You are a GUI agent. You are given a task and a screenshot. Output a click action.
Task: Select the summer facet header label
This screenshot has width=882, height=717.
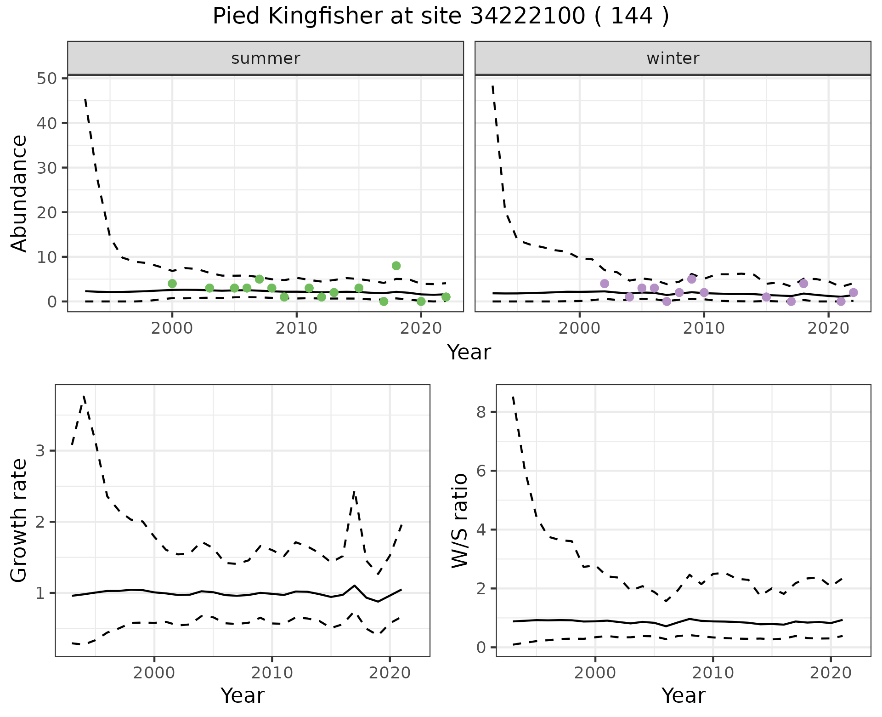click(x=266, y=58)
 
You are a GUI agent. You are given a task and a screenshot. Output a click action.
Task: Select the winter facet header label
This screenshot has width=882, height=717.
click(x=673, y=58)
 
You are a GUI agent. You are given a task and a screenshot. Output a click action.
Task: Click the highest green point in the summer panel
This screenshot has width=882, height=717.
click(x=396, y=266)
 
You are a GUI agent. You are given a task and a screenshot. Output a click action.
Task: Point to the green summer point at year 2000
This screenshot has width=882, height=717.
click(x=172, y=284)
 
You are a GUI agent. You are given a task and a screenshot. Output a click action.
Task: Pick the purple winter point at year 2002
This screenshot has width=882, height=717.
click(x=605, y=284)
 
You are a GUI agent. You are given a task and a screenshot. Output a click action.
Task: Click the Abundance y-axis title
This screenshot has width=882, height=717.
click(x=19, y=193)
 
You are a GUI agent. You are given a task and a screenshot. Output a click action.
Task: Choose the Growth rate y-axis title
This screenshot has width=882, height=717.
click(x=19, y=520)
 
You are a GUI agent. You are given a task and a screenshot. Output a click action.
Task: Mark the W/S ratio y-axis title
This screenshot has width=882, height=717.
click(x=459, y=520)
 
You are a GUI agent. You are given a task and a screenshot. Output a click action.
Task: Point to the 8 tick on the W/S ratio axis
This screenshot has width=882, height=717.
click(x=481, y=412)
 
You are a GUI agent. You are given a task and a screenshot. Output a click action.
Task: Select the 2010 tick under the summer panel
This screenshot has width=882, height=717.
click(x=296, y=329)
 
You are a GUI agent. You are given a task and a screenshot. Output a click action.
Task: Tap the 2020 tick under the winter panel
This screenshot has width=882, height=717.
click(x=828, y=329)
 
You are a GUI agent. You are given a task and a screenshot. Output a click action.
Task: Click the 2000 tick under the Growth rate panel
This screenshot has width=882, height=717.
click(x=154, y=673)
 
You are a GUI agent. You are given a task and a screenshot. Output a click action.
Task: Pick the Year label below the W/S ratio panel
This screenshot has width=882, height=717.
click(x=683, y=696)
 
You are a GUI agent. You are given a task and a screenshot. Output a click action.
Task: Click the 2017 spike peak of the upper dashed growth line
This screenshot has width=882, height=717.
click(x=354, y=491)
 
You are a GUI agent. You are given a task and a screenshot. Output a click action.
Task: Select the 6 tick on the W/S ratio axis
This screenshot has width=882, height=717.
click(x=481, y=471)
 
